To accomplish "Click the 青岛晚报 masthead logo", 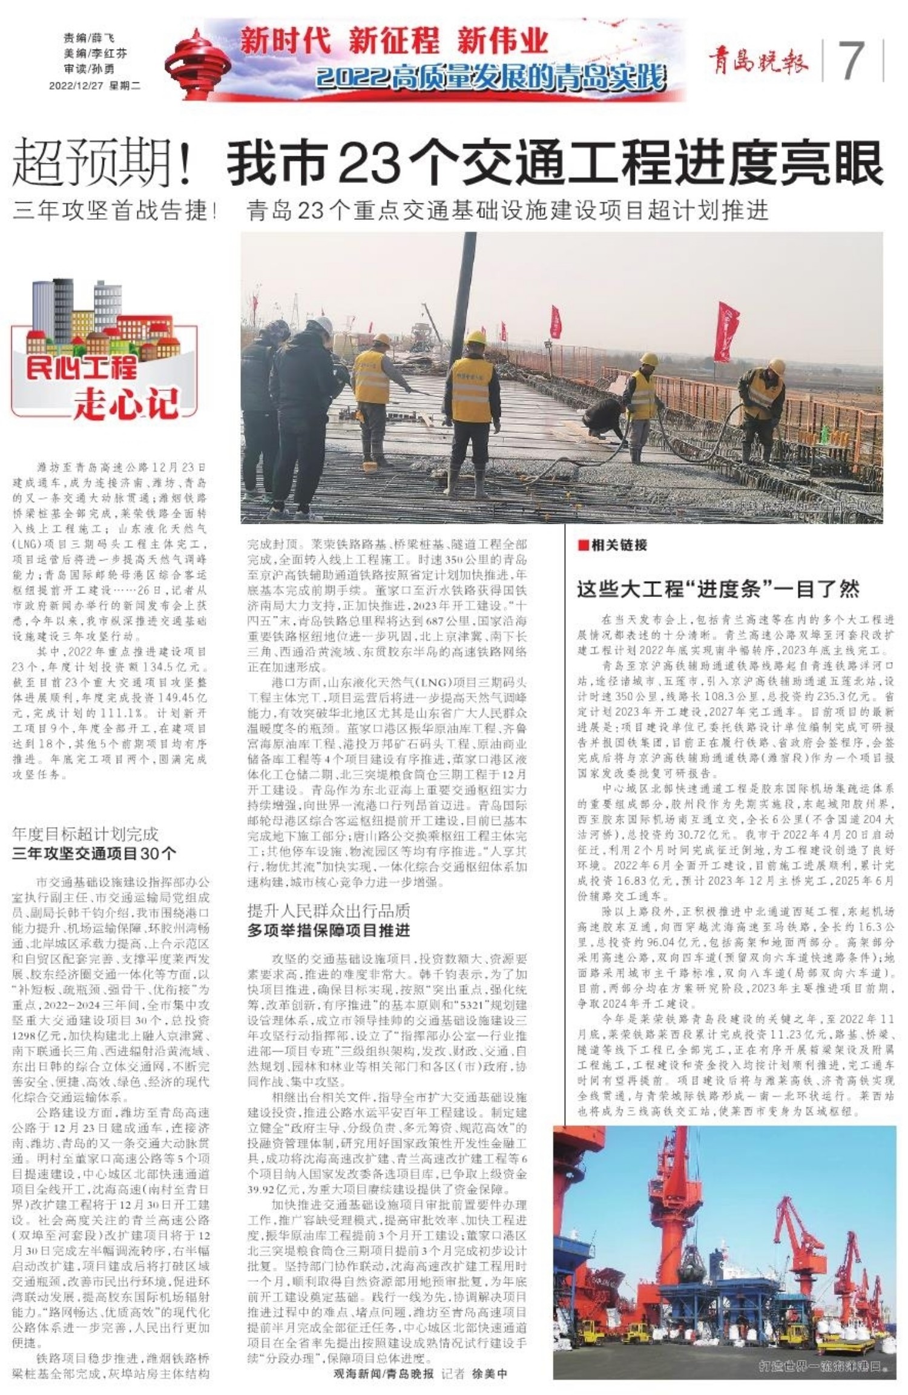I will click(758, 61).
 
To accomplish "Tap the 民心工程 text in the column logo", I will click(81, 368).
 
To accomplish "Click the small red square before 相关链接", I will click(583, 545).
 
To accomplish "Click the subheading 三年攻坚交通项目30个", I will click(94, 854).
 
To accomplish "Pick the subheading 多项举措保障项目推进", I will click(328, 931).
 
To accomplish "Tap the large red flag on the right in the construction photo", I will click(725, 330).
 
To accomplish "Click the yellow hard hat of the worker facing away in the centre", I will click(476, 337).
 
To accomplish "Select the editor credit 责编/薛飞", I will click(88, 38).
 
